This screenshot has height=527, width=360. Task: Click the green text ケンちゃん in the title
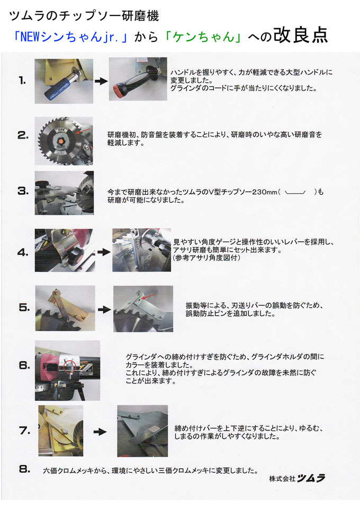point(201,37)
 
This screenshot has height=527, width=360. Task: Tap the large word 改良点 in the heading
point(300,35)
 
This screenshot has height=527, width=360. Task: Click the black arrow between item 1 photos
point(100,82)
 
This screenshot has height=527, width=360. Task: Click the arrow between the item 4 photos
point(101,251)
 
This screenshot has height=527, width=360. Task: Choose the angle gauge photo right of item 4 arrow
point(141,250)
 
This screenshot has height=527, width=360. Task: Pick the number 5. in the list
point(23,307)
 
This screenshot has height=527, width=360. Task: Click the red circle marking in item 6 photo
point(68,365)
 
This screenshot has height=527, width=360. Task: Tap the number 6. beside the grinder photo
point(23,365)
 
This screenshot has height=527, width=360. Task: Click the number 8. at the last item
point(23,469)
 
